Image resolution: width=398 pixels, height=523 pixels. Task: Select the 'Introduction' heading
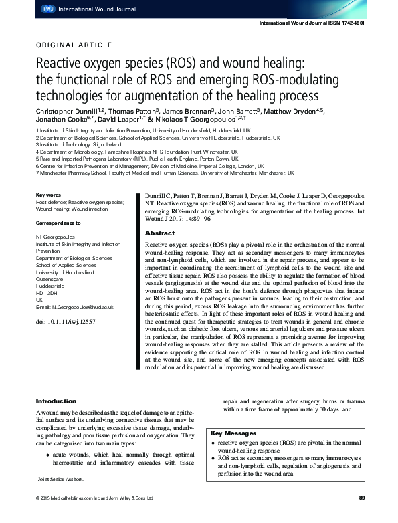(x=56, y=401)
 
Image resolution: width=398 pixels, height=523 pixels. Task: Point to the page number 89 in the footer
(x=361, y=498)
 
